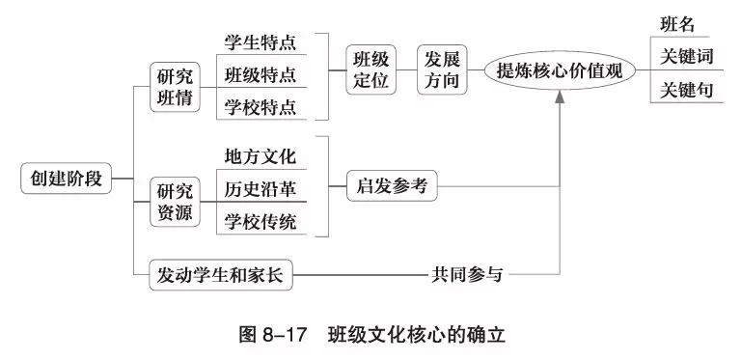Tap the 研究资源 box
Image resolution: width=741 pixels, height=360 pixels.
click(175, 202)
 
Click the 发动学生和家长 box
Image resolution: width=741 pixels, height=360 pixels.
click(221, 275)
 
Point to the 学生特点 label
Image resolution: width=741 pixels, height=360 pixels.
click(260, 43)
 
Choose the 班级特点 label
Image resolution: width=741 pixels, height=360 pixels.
click(260, 74)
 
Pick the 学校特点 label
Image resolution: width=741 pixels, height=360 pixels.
click(260, 106)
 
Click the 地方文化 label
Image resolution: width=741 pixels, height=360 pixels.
click(260, 155)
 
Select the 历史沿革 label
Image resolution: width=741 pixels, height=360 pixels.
click(260, 187)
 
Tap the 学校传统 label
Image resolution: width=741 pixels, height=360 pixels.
click(260, 220)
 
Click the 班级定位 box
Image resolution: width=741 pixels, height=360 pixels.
click(371, 69)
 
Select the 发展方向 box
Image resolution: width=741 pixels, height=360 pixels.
click(443, 69)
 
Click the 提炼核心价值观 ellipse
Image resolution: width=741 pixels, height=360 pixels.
click(560, 70)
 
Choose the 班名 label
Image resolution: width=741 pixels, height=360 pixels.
click(677, 25)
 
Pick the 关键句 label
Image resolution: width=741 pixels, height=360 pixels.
click(686, 91)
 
